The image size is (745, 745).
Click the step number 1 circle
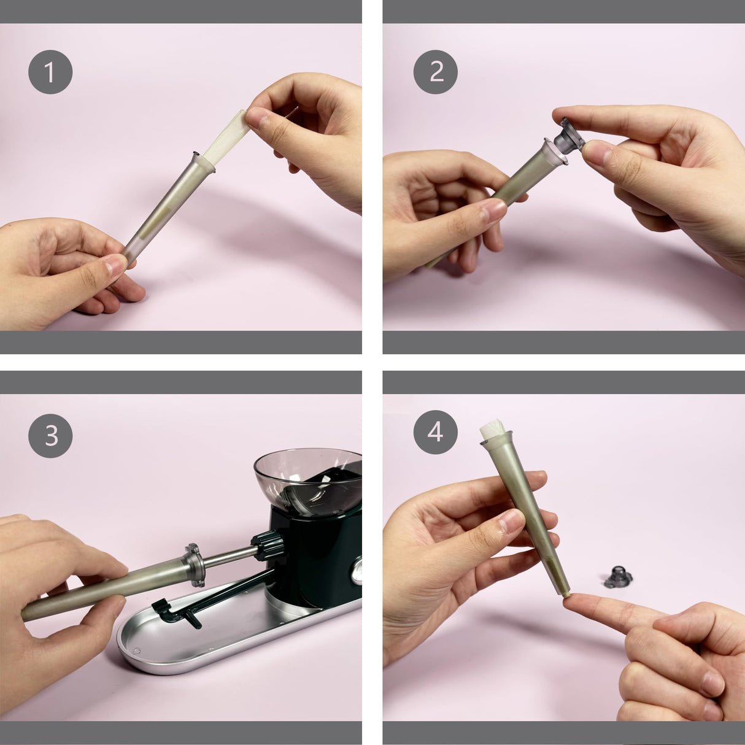[x=50, y=72]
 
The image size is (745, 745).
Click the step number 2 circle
[x=435, y=72]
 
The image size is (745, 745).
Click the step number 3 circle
[x=50, y=436]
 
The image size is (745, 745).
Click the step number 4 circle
[x=435, y=432]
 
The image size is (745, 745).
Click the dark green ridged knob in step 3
[x=269, y=546]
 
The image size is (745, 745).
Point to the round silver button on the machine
[x=356, y=573]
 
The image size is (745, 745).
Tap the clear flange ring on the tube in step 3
[x=195, y=564]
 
